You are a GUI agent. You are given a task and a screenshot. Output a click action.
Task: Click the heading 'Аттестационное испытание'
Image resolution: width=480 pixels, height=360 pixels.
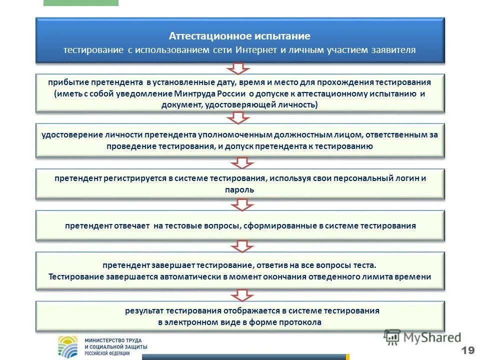pos(239,36)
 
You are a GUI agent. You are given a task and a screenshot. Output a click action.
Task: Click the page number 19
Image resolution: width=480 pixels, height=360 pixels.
pos(468,349)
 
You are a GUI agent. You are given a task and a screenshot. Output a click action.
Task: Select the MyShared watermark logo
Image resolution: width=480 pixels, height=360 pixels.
pos(422,337)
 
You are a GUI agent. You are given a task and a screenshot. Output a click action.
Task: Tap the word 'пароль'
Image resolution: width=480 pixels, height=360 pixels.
pos(240,190)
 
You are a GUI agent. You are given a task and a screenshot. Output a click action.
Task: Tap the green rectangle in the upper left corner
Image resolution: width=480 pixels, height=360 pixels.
pos(81,2)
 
